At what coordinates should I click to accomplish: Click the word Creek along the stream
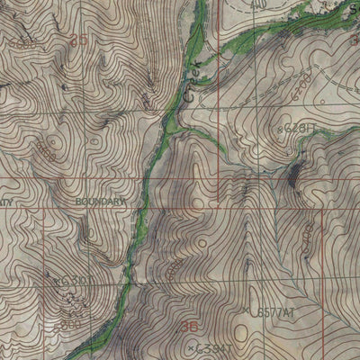click(x=191, y=78)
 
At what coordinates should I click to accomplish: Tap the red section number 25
click(x=79, y=40)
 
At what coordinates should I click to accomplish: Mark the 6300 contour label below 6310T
click(x=70, y=322)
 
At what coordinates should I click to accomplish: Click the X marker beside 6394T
click(x=190, y=345)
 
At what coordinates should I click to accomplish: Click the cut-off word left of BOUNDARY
click(x=5, y=202)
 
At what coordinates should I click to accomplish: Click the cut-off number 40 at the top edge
click(x=260, y=4)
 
